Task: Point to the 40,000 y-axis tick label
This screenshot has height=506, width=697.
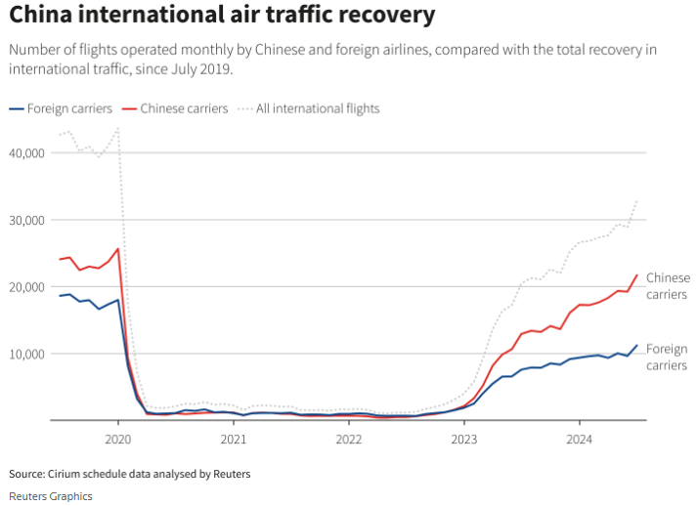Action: pos(26,153)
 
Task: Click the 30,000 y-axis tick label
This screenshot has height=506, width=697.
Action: pos(26,220)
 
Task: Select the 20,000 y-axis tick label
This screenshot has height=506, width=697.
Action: pos(26,286)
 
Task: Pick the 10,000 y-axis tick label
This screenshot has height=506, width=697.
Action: pos(26,353)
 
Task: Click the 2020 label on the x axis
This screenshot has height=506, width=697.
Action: pos(118,439)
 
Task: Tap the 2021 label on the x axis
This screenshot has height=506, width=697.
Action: pos(234,439)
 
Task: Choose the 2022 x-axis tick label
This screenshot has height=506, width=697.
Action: pos(349,439)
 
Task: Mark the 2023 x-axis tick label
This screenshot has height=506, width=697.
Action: pos(464,439)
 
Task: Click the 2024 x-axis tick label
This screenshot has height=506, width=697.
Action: pos(580,439)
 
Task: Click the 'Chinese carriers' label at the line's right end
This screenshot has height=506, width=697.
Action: pos(668,286)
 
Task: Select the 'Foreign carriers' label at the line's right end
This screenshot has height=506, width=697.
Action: pos(667,357)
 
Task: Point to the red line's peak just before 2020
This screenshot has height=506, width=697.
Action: pos(118,248)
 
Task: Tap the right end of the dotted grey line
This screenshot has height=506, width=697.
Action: pos(637,200)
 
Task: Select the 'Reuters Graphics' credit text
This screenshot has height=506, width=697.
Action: pos(51,496)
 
